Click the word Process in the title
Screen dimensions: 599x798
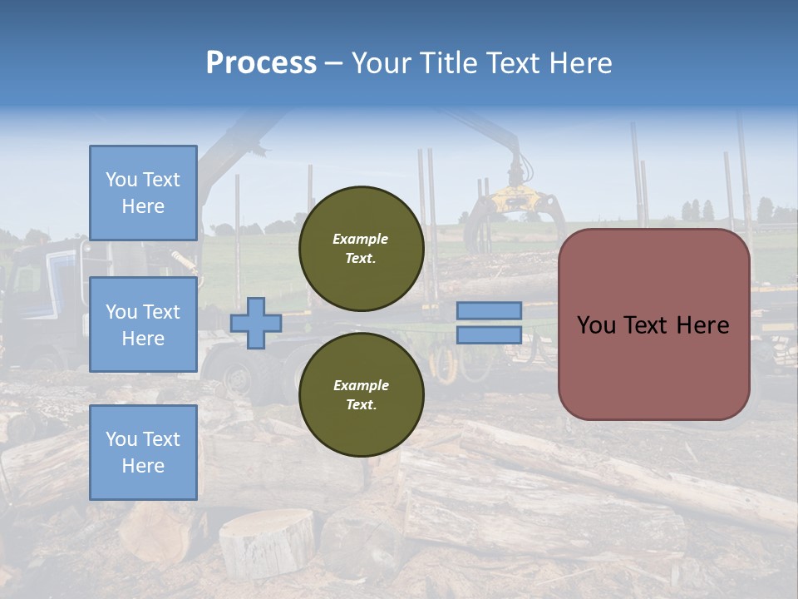point(261,63)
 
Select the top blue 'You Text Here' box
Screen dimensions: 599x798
point(143,193)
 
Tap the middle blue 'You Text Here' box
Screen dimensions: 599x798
point(143,324)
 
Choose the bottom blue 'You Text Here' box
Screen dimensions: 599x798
point(143,453)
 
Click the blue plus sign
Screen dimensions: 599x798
point(256,324)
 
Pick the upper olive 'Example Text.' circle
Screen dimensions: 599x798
point(361,249)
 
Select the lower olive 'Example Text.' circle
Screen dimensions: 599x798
point(361,395)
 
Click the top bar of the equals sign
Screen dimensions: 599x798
point(489,311)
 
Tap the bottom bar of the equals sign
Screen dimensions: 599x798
point(489,334)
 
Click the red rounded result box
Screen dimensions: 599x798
point(653,324)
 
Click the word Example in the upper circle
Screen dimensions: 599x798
point(360,239)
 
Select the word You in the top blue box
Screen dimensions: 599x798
point(121,180)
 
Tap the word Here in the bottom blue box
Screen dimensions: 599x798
point(143,466)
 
